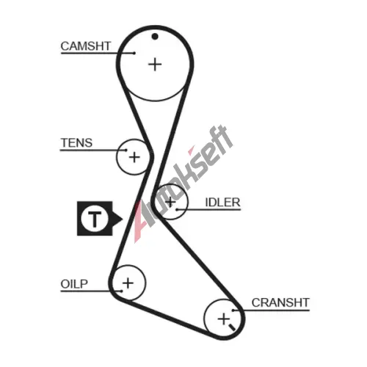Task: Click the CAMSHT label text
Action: pyautogui.click(x=86, y=46)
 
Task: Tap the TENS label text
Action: pyautogui.click(x=76, y=143)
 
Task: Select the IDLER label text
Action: pyautogui.click(x=222, y=203)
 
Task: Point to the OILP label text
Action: pyautogui.click(x=74, y=284)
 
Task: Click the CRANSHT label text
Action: pyautogui.click(x=280, y=302)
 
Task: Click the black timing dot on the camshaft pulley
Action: pyautogui.click(x=155, y=37)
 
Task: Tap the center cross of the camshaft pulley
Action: pyautogui.click(x=155, y=65)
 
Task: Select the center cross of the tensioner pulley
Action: pyautogui.click(x=134, y=157)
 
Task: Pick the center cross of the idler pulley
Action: pyautogui.click(x=170, y=202)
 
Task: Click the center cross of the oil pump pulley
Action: pyautogui.click(x=128, y=283)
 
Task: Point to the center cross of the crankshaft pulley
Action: pyautogui.click(x=224, y=319)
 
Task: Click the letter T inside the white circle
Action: pyautogui.click(x=95, y=219)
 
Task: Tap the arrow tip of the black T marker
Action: pyautogui.click(x=123, y=219)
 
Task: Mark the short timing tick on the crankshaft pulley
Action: pyautogui.click(x=232, y=327)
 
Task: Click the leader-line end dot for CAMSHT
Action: pyautogui.click(x=134, y=53)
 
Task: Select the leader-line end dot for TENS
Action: pyautogui.click(x=126, y=150)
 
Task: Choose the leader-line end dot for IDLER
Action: pyautogui.click(x=177, y=209)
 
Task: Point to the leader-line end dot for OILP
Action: pyautogui.click(x=121, y=291)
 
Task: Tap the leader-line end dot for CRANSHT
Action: pyautogui.click(x=233, y=310)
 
